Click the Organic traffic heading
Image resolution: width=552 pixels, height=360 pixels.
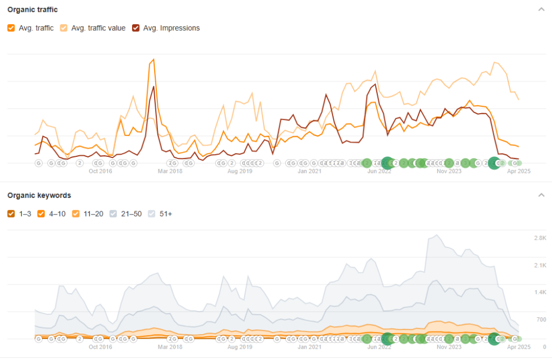(x=32, y=10)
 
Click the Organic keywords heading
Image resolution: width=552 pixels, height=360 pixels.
(x=39, y=195)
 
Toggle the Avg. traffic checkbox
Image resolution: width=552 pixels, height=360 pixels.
(x=11, y=28)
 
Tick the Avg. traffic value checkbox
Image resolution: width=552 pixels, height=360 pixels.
(x=64, y=28)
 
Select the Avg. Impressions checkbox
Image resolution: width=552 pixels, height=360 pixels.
(x=136, y=28)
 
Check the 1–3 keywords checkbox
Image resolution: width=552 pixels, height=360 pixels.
(x=11, y=214)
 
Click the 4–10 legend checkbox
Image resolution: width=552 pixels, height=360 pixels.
(x=41, y=214)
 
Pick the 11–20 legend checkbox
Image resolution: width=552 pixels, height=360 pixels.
(x=75, y=214)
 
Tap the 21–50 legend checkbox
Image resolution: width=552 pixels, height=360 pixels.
(x=113, y=214)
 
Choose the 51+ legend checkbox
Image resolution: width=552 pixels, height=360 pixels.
(x=151, y=214)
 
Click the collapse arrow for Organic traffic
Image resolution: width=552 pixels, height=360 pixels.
(x=541, y=10)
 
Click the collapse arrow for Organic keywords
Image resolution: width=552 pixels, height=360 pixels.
(x=541, y=195)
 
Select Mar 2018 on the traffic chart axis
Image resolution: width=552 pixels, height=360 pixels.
(x=170, y=171)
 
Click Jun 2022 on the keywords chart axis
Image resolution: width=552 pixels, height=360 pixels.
(x=379, y=347)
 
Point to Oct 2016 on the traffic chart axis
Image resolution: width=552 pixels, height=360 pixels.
(x=100, y=171)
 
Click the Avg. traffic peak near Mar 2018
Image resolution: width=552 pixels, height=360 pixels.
(x=154, y=59)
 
